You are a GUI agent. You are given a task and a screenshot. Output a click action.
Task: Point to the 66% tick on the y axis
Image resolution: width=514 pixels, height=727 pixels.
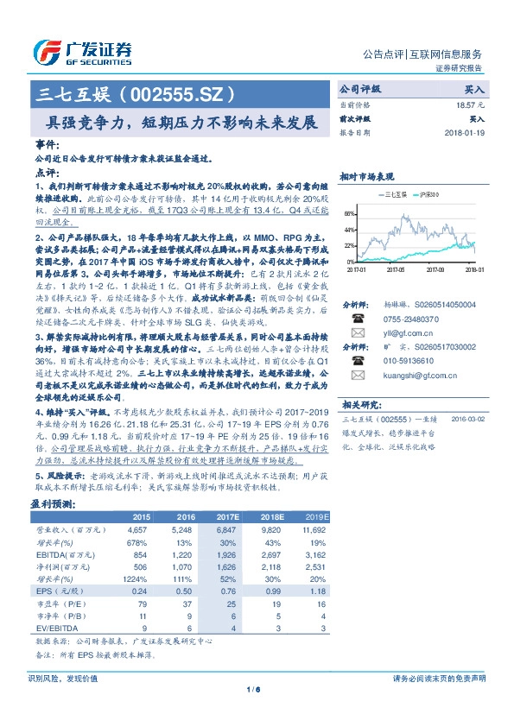click(x=348, y=212)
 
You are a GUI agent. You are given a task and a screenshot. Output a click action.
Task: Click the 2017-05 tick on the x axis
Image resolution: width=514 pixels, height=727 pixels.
click(x=397, y=269)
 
